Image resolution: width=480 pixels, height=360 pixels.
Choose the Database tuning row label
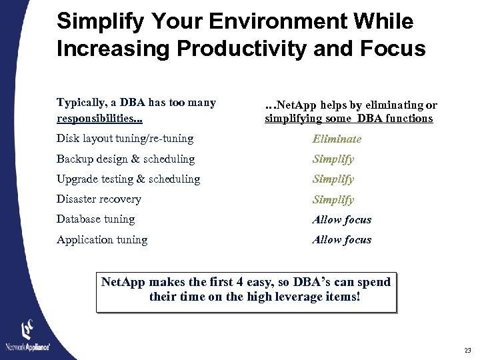click(x=95, y=219)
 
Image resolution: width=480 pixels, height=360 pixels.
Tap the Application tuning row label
click(x=102, y=239)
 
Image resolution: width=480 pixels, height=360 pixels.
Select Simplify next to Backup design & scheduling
click(x=333, y=159)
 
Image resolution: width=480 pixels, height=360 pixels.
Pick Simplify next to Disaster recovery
click(x=333, y=199)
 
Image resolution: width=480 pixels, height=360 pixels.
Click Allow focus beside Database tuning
click(x=341, y=219)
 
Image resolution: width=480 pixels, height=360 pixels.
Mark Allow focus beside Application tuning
click(x=341, y=239)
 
